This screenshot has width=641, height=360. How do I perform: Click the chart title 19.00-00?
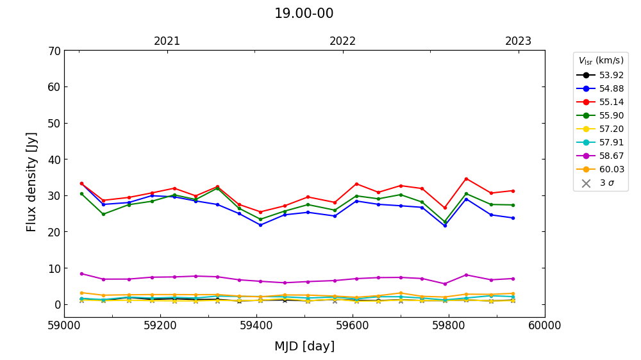[x=304, y=13]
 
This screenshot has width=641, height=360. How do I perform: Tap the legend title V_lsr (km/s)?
[x=601, y=61]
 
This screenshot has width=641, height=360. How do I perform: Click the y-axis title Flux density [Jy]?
[x=32, y=182]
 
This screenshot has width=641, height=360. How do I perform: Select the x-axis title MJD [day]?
[x=304, y=347]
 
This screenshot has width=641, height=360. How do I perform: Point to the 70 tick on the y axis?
[x=54, y=51]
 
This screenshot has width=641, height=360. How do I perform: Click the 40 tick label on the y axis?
[x=54, y=160]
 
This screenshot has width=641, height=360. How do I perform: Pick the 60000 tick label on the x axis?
[x=545, y=325]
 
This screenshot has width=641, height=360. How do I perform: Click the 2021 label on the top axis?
[x=167, y=41]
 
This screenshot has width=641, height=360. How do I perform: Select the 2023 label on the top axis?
[x=519, y=41]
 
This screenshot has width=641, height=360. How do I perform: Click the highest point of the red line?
[x=466, y=179]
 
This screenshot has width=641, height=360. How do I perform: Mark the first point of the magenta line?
[x=81, y=274]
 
